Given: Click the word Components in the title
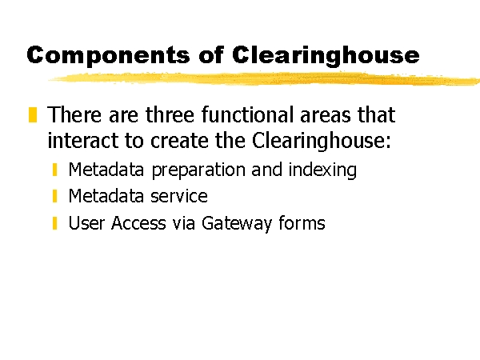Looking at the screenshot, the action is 108,55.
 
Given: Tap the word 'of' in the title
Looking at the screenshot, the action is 211,54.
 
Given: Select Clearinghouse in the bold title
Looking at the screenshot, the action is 326,56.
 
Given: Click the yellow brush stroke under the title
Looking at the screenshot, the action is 263,78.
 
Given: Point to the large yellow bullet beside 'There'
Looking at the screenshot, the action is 33,114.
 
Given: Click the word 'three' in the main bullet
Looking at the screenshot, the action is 170,114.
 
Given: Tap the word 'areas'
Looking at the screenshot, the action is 326,115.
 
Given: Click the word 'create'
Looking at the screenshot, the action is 179,141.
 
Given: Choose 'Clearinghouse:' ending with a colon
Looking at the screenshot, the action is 322,141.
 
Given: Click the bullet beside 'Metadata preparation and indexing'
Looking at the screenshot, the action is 55,170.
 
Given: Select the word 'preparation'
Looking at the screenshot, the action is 198,170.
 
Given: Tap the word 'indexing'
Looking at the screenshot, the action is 322,170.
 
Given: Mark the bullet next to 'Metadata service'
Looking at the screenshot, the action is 55,196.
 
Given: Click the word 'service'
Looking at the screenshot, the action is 179,196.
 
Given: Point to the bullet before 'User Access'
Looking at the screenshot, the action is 55,223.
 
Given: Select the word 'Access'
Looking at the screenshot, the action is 138,223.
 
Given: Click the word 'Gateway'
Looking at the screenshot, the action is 237,224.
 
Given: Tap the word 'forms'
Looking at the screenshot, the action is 302,222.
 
